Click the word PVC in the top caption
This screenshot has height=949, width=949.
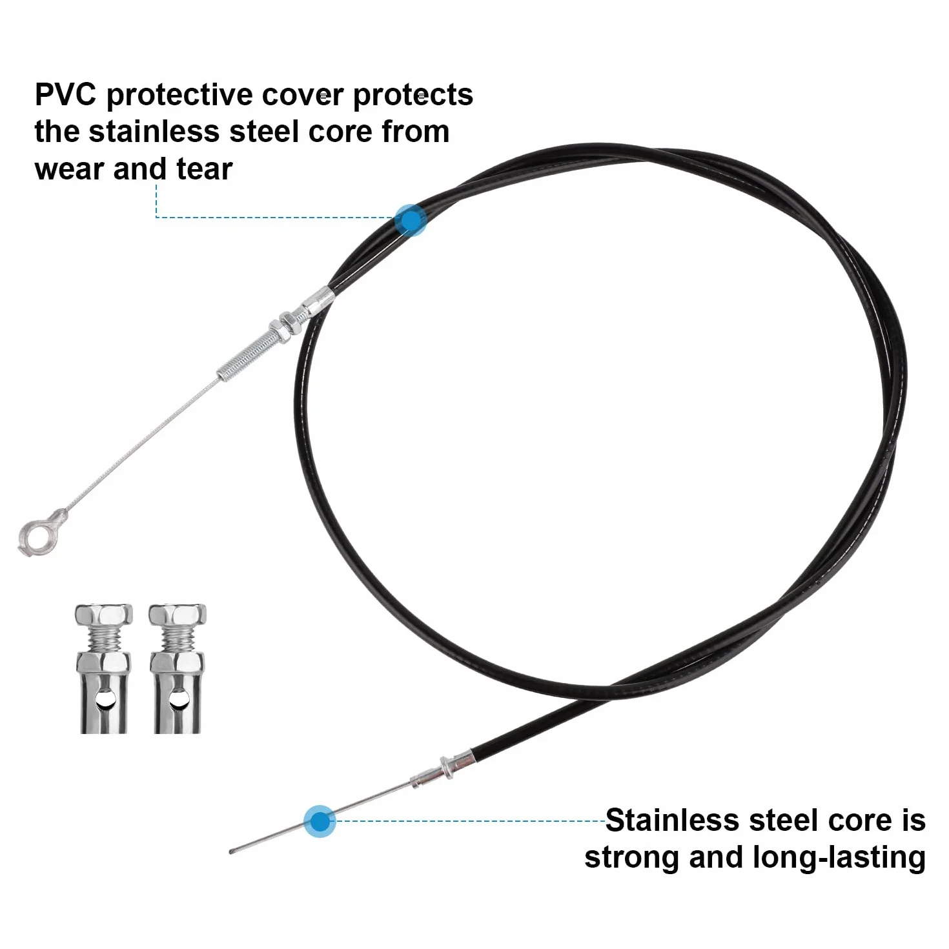click(65, 94)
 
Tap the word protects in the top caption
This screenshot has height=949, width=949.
click(413, 96)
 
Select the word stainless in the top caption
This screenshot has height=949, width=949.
click(154, 132)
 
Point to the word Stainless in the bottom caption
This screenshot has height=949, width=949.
click(672, 820)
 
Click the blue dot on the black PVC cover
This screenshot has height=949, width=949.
click(410, 219)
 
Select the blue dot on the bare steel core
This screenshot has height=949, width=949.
click(320, 821)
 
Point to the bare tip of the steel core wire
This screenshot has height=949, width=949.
click(231, 852)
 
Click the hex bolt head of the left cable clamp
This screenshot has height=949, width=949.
click(103, 615)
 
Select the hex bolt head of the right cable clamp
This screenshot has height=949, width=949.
click(178, 615)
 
